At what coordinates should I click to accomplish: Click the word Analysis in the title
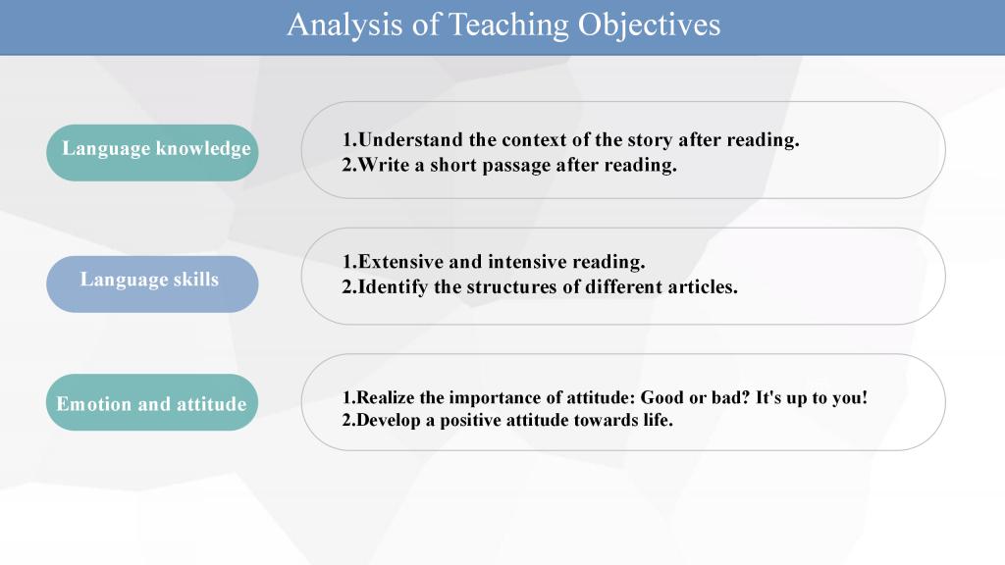344,25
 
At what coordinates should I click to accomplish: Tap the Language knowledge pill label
152,152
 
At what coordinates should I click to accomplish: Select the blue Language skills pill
152,283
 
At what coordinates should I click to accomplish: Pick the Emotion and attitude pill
152,402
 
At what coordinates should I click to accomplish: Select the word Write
384,165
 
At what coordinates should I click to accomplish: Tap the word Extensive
400,261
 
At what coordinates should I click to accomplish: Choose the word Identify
393,287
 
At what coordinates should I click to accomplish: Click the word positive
470,421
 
